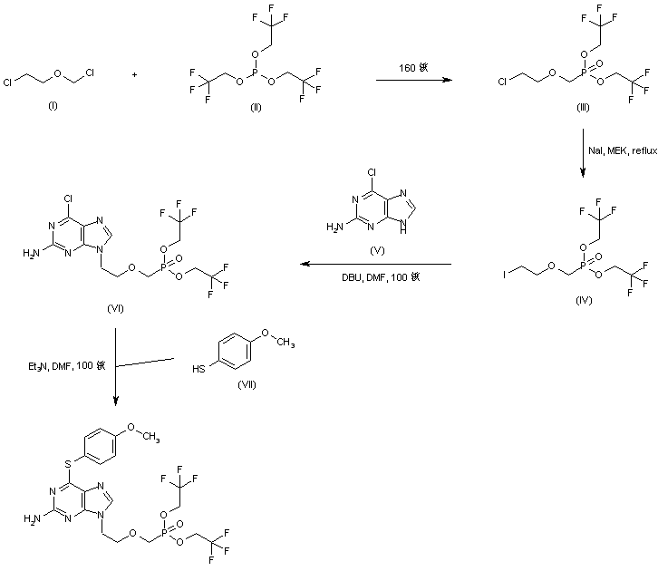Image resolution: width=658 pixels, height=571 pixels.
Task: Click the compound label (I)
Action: point(53,106)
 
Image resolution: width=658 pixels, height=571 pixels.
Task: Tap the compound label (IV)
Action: point(584,300)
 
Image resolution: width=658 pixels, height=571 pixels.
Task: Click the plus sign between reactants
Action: point(134,75)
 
